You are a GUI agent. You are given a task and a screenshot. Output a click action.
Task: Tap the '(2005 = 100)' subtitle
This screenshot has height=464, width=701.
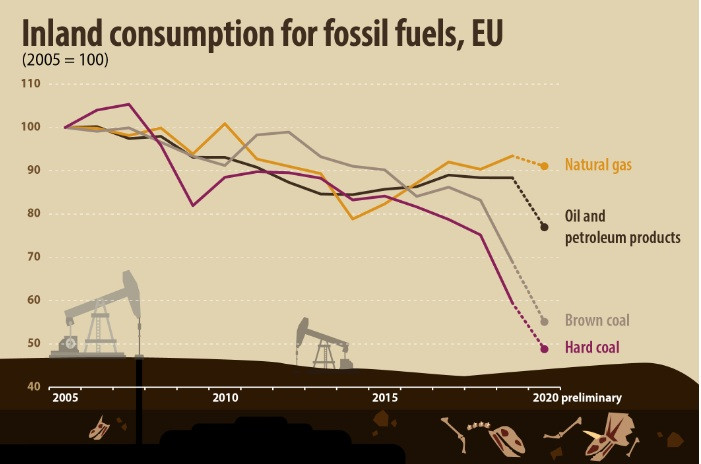click(x=65, y=60)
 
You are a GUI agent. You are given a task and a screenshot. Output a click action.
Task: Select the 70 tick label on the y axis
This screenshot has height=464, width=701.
click(x=32, y=257)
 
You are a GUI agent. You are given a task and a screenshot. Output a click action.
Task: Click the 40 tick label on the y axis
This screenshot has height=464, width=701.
click(x=32, y=387)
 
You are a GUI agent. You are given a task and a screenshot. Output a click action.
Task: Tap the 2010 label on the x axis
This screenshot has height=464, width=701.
click(x=224, y=398)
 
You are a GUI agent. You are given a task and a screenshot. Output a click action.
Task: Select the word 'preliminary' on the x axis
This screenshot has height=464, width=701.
click(x=591, y=398)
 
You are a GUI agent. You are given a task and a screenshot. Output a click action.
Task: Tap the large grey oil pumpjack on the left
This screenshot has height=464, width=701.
click(x=100, y=315)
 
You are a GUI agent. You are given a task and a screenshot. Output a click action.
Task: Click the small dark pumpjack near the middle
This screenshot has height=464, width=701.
click(x=322, y=345)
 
